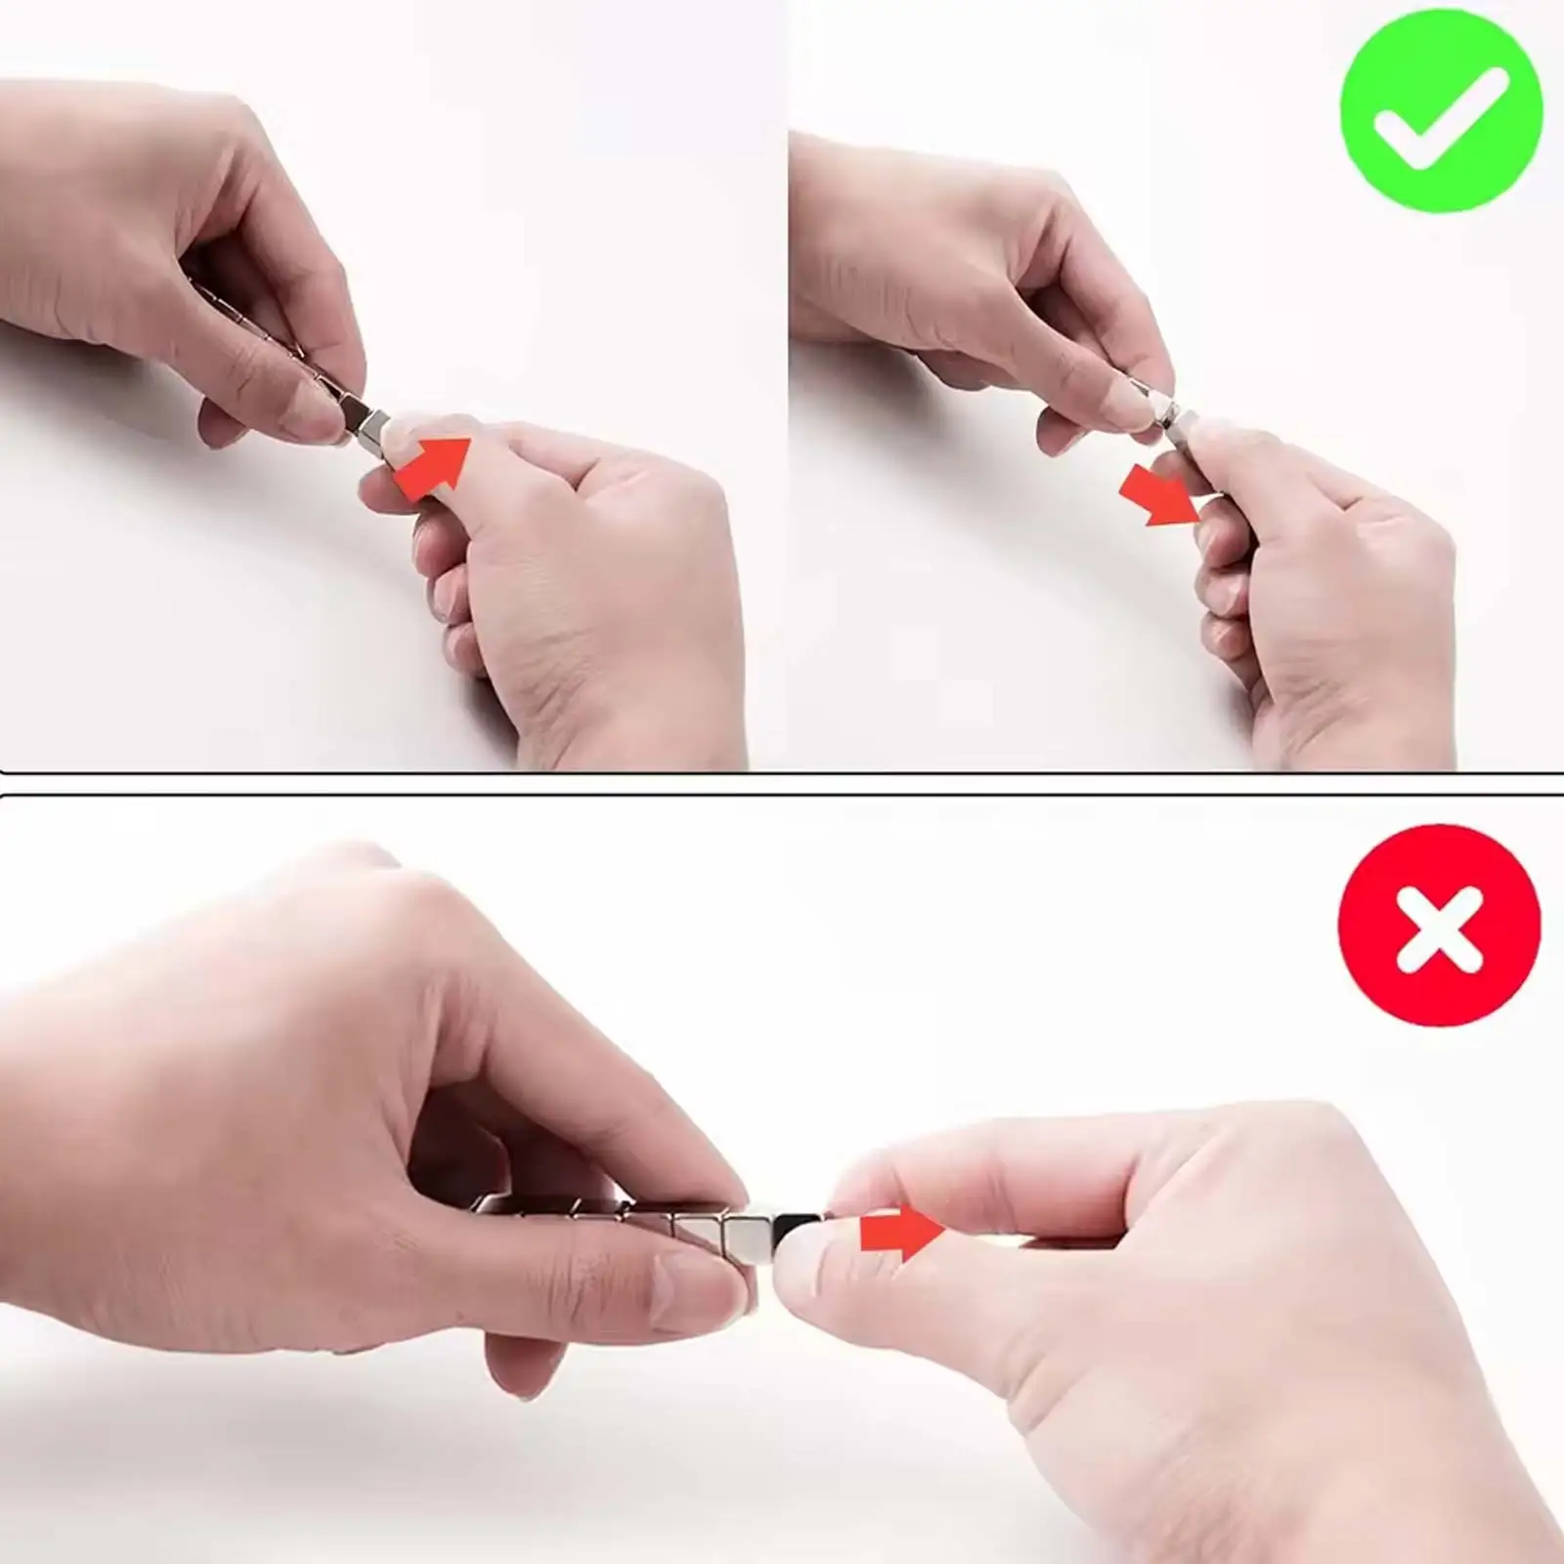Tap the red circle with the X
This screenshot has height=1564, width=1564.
click(1439, 924)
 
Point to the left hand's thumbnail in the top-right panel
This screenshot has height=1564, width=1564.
click(1121, 400)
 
